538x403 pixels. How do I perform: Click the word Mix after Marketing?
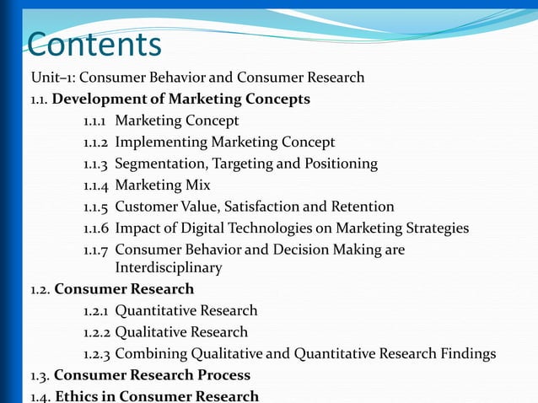pos(197,185)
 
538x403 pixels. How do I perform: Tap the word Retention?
pos(363,207)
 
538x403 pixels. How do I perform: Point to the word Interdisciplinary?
pos(169,268)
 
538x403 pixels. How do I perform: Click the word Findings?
pos(466,353)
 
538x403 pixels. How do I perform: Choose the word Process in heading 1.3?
pos(222,375)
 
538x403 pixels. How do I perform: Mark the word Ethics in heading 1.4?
pos(77,396)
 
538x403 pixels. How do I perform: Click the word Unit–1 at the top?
pos(50,78)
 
